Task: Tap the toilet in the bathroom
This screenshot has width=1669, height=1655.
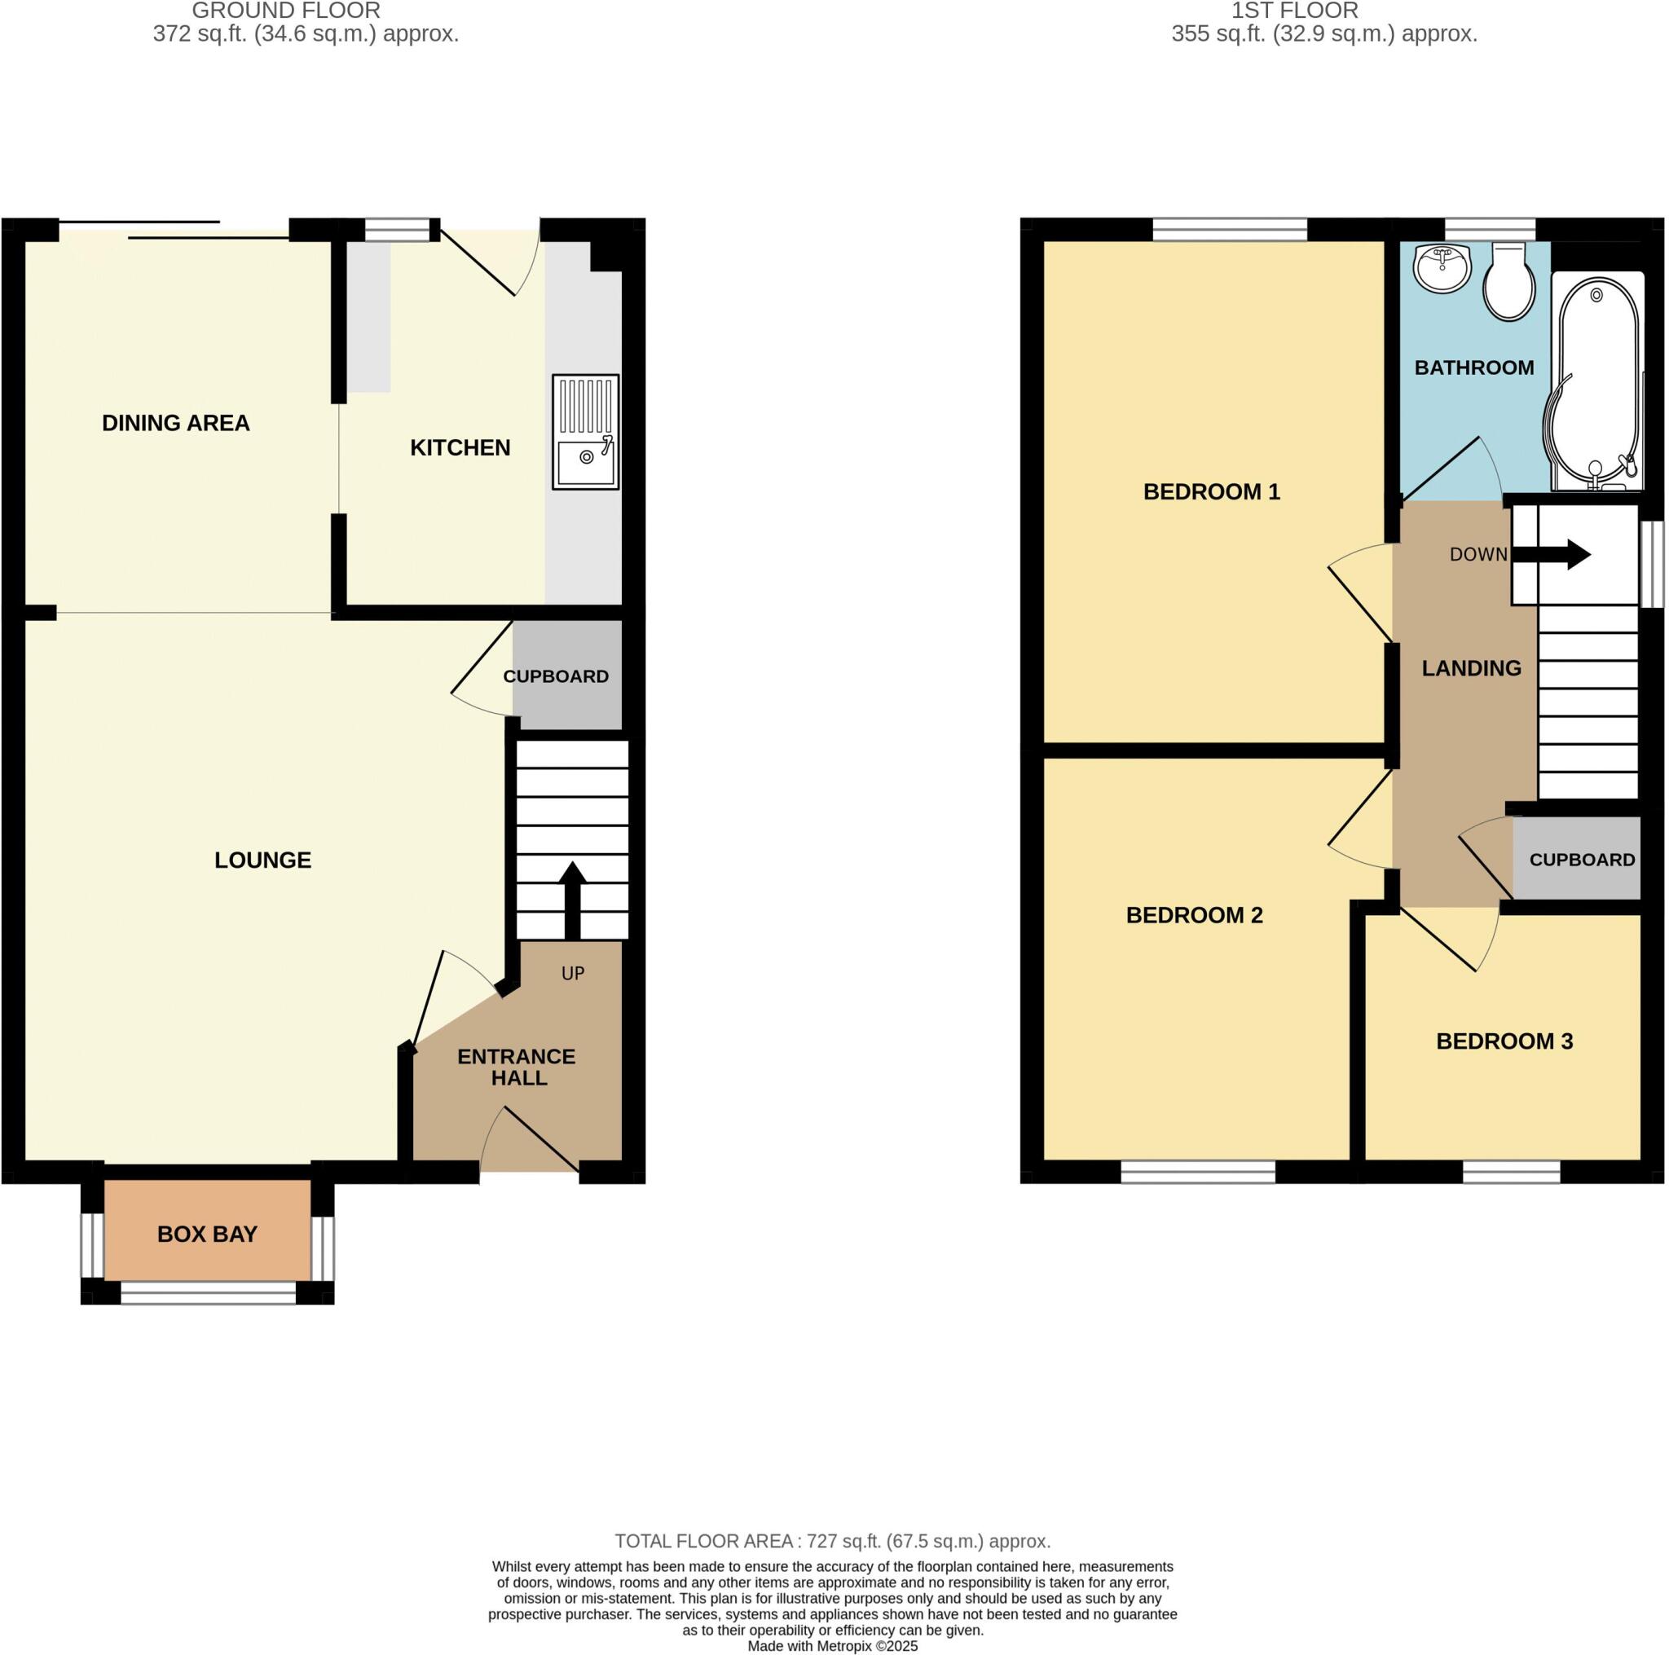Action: [x=1508, y=283]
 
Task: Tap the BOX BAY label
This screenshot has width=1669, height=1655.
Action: [x=207, y=1235]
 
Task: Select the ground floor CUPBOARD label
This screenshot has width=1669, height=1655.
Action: [x=556, y=676]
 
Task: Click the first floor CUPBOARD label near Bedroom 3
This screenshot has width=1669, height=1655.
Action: [x=1582, y=860]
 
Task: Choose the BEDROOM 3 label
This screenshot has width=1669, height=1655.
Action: [x=1504, y=1041]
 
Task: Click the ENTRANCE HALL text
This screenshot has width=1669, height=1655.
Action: [x=517, y=1067]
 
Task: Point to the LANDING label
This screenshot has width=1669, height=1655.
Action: [x=1471, y=667]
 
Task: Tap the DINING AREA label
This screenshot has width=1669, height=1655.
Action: [x=175, y=422]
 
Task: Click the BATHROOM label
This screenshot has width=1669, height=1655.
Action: [x=1473, y=368]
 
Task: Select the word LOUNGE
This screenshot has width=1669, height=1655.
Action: [x=262, y=860]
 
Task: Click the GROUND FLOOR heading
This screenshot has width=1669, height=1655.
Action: [x=286, y=11]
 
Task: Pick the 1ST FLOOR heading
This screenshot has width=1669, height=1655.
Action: [x=1294, y=11]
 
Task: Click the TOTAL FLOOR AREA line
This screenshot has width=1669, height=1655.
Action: [x=832, y=1540]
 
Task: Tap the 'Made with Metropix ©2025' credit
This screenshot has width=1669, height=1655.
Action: [x=832, y=1645]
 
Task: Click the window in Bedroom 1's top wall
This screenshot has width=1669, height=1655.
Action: [x=1229, y=229]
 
